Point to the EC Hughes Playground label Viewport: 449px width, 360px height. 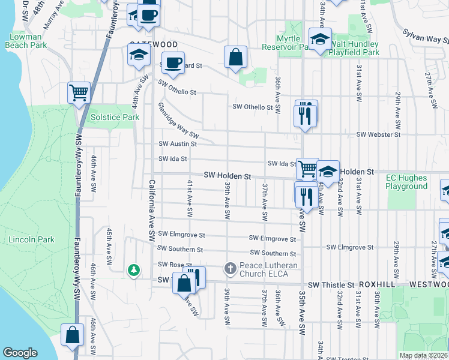(x=407, y=182)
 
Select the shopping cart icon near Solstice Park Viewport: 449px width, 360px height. (x=79, y=93)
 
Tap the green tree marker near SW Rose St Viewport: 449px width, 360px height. (x=134, y=271)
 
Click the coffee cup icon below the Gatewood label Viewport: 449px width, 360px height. (x=173, y=62)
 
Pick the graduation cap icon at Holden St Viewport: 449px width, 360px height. (x=328, y=171)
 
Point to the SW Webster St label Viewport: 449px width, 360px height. (x=378, y=135)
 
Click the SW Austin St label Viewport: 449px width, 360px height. (x=178, y=144)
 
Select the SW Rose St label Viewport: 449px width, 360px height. (x=174, y=265)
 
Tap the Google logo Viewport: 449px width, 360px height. (x=20, y=353)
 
